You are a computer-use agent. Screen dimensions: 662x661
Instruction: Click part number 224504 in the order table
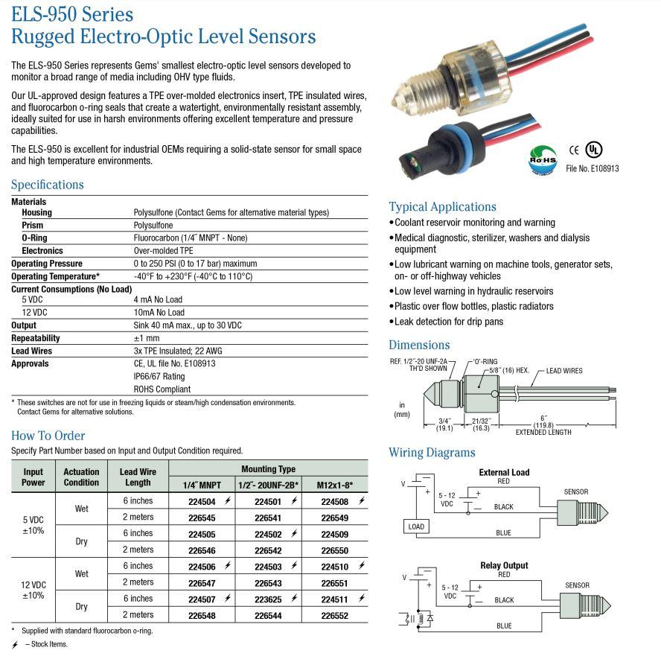(x=202, y=502)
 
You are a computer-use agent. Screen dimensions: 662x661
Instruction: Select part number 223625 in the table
(x=267, y=599)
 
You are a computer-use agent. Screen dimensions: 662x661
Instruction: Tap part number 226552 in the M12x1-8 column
(x=334, y=615)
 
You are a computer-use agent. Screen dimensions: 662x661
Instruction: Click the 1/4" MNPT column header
(x=202, y=485)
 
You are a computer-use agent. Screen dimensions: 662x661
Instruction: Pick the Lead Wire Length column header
(x=138, y=477)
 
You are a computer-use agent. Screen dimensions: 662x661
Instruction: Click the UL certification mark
(x=593, y=148)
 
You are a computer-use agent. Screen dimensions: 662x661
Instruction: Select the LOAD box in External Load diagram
(x=416, y=526)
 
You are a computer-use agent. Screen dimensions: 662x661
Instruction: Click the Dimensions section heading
(x=419, y=345)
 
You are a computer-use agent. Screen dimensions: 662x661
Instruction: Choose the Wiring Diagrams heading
(x=432, y=453)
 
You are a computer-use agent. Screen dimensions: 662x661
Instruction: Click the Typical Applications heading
(x=442, y=207)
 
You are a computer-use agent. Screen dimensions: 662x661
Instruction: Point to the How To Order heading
(x=48, y=436)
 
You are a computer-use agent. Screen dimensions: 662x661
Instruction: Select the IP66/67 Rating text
(x=159, y=376)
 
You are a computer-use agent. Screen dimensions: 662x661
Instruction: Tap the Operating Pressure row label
(x=47, y=264)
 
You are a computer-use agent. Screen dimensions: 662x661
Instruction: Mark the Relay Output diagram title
(x=504, y=565)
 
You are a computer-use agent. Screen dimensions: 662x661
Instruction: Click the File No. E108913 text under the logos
(x=593, y=168)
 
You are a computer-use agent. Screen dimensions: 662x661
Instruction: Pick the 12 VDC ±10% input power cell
(x=33, y=590)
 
